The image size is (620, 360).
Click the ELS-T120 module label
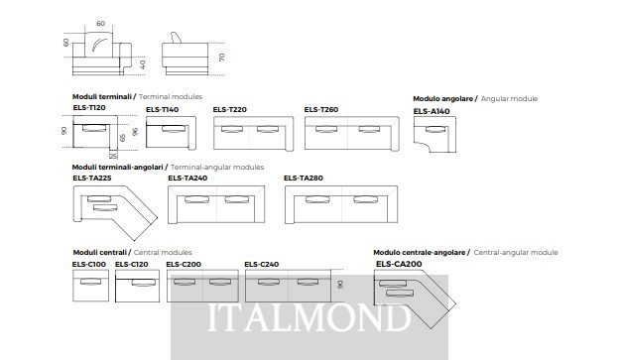click(x=89, y=107)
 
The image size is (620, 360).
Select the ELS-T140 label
click(x=162, y=109)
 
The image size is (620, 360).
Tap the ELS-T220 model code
click(x=230, y=109)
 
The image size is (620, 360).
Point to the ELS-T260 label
click(x=321, y=109)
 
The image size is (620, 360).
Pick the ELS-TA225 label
click(x=92, y=179)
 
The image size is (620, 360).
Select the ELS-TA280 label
click(x=304, y=179)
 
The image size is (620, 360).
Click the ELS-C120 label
click(x=132, y=264)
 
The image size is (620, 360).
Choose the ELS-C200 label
click(x=184, y=264)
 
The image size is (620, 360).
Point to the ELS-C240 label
click(x=261, y=264)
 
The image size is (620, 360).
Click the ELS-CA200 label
click(x=399, y=264)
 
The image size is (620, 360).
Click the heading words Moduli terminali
click(x=102, y=97)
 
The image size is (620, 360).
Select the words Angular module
click(x=509, y=99)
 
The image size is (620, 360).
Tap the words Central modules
click(x=163, y=252)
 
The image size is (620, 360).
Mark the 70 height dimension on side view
click(x=222, y=58)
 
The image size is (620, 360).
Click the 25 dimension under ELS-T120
click(x=113, y=156)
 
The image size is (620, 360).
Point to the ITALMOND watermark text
click(x=310, y=317)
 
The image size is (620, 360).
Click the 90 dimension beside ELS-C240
click(x=340, y=285)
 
